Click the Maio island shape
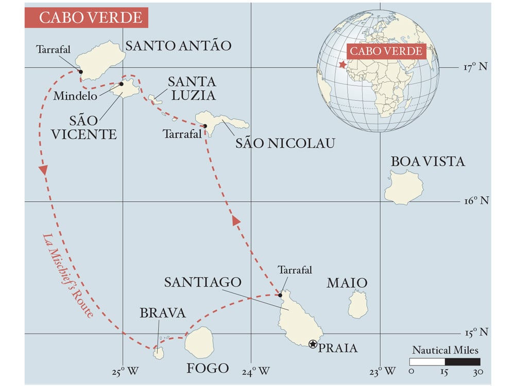(x=357, y=304)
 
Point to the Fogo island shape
(x=199, y=342)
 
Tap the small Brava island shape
(x=159, y=353)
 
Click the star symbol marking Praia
(x=313, y=344)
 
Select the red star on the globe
(x=342, y=65)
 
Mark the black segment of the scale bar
(x=463, y=362)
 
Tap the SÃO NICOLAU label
(x=285, y=143)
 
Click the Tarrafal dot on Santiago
(x=280, y=295)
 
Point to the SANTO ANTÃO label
(x=179, y=46)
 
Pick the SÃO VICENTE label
(x=93, y=127)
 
